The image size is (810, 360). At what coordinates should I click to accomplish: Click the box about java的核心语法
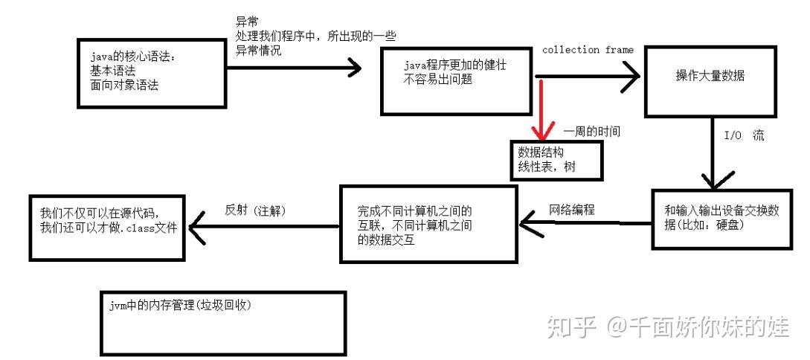151,72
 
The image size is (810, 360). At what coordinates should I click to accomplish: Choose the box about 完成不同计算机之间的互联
428,224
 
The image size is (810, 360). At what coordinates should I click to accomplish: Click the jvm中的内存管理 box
223,322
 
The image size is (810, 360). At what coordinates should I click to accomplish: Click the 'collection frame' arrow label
588,50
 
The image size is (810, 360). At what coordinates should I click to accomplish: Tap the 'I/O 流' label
743,138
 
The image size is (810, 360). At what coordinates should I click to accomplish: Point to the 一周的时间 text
592,131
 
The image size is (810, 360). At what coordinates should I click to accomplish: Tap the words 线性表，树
547,168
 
